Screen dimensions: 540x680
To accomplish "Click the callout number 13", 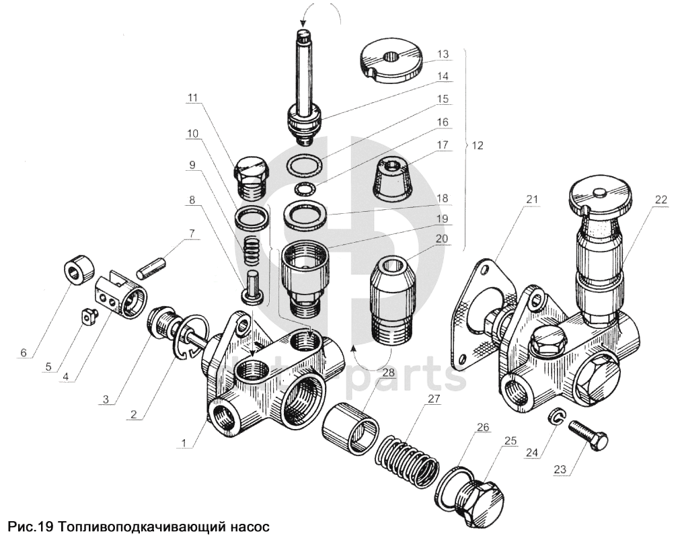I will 443,54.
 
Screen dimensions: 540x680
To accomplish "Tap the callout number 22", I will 660,200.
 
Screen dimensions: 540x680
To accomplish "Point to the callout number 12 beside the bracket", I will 478,145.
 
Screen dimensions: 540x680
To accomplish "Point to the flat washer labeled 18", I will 306,214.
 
